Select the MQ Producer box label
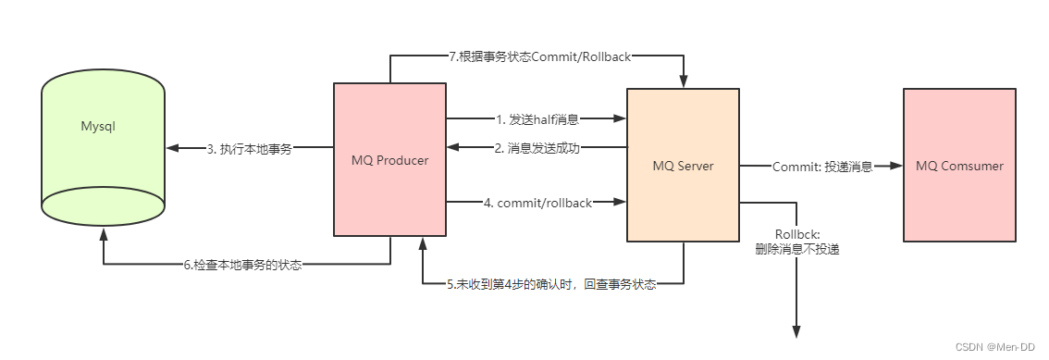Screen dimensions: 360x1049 (389, 160)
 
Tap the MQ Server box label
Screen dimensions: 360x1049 (683, 166)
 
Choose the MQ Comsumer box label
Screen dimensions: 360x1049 (959, 166)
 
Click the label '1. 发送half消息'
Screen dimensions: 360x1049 (537, 118)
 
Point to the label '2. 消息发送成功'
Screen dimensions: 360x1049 (537, 148)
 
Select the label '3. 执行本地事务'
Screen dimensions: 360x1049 (249, 148)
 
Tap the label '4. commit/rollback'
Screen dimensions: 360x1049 (537, 202)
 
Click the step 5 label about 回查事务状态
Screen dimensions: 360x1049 (551, 284)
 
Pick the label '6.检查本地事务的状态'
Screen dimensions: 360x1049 (242, 265)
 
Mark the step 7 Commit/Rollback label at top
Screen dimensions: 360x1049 (539, 56)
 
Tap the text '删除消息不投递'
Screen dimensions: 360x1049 (796, 248)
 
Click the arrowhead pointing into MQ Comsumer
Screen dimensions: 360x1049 (895, 166)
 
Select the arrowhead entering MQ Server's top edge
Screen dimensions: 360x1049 (683, 82)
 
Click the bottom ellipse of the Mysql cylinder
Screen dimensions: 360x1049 (103, 205)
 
